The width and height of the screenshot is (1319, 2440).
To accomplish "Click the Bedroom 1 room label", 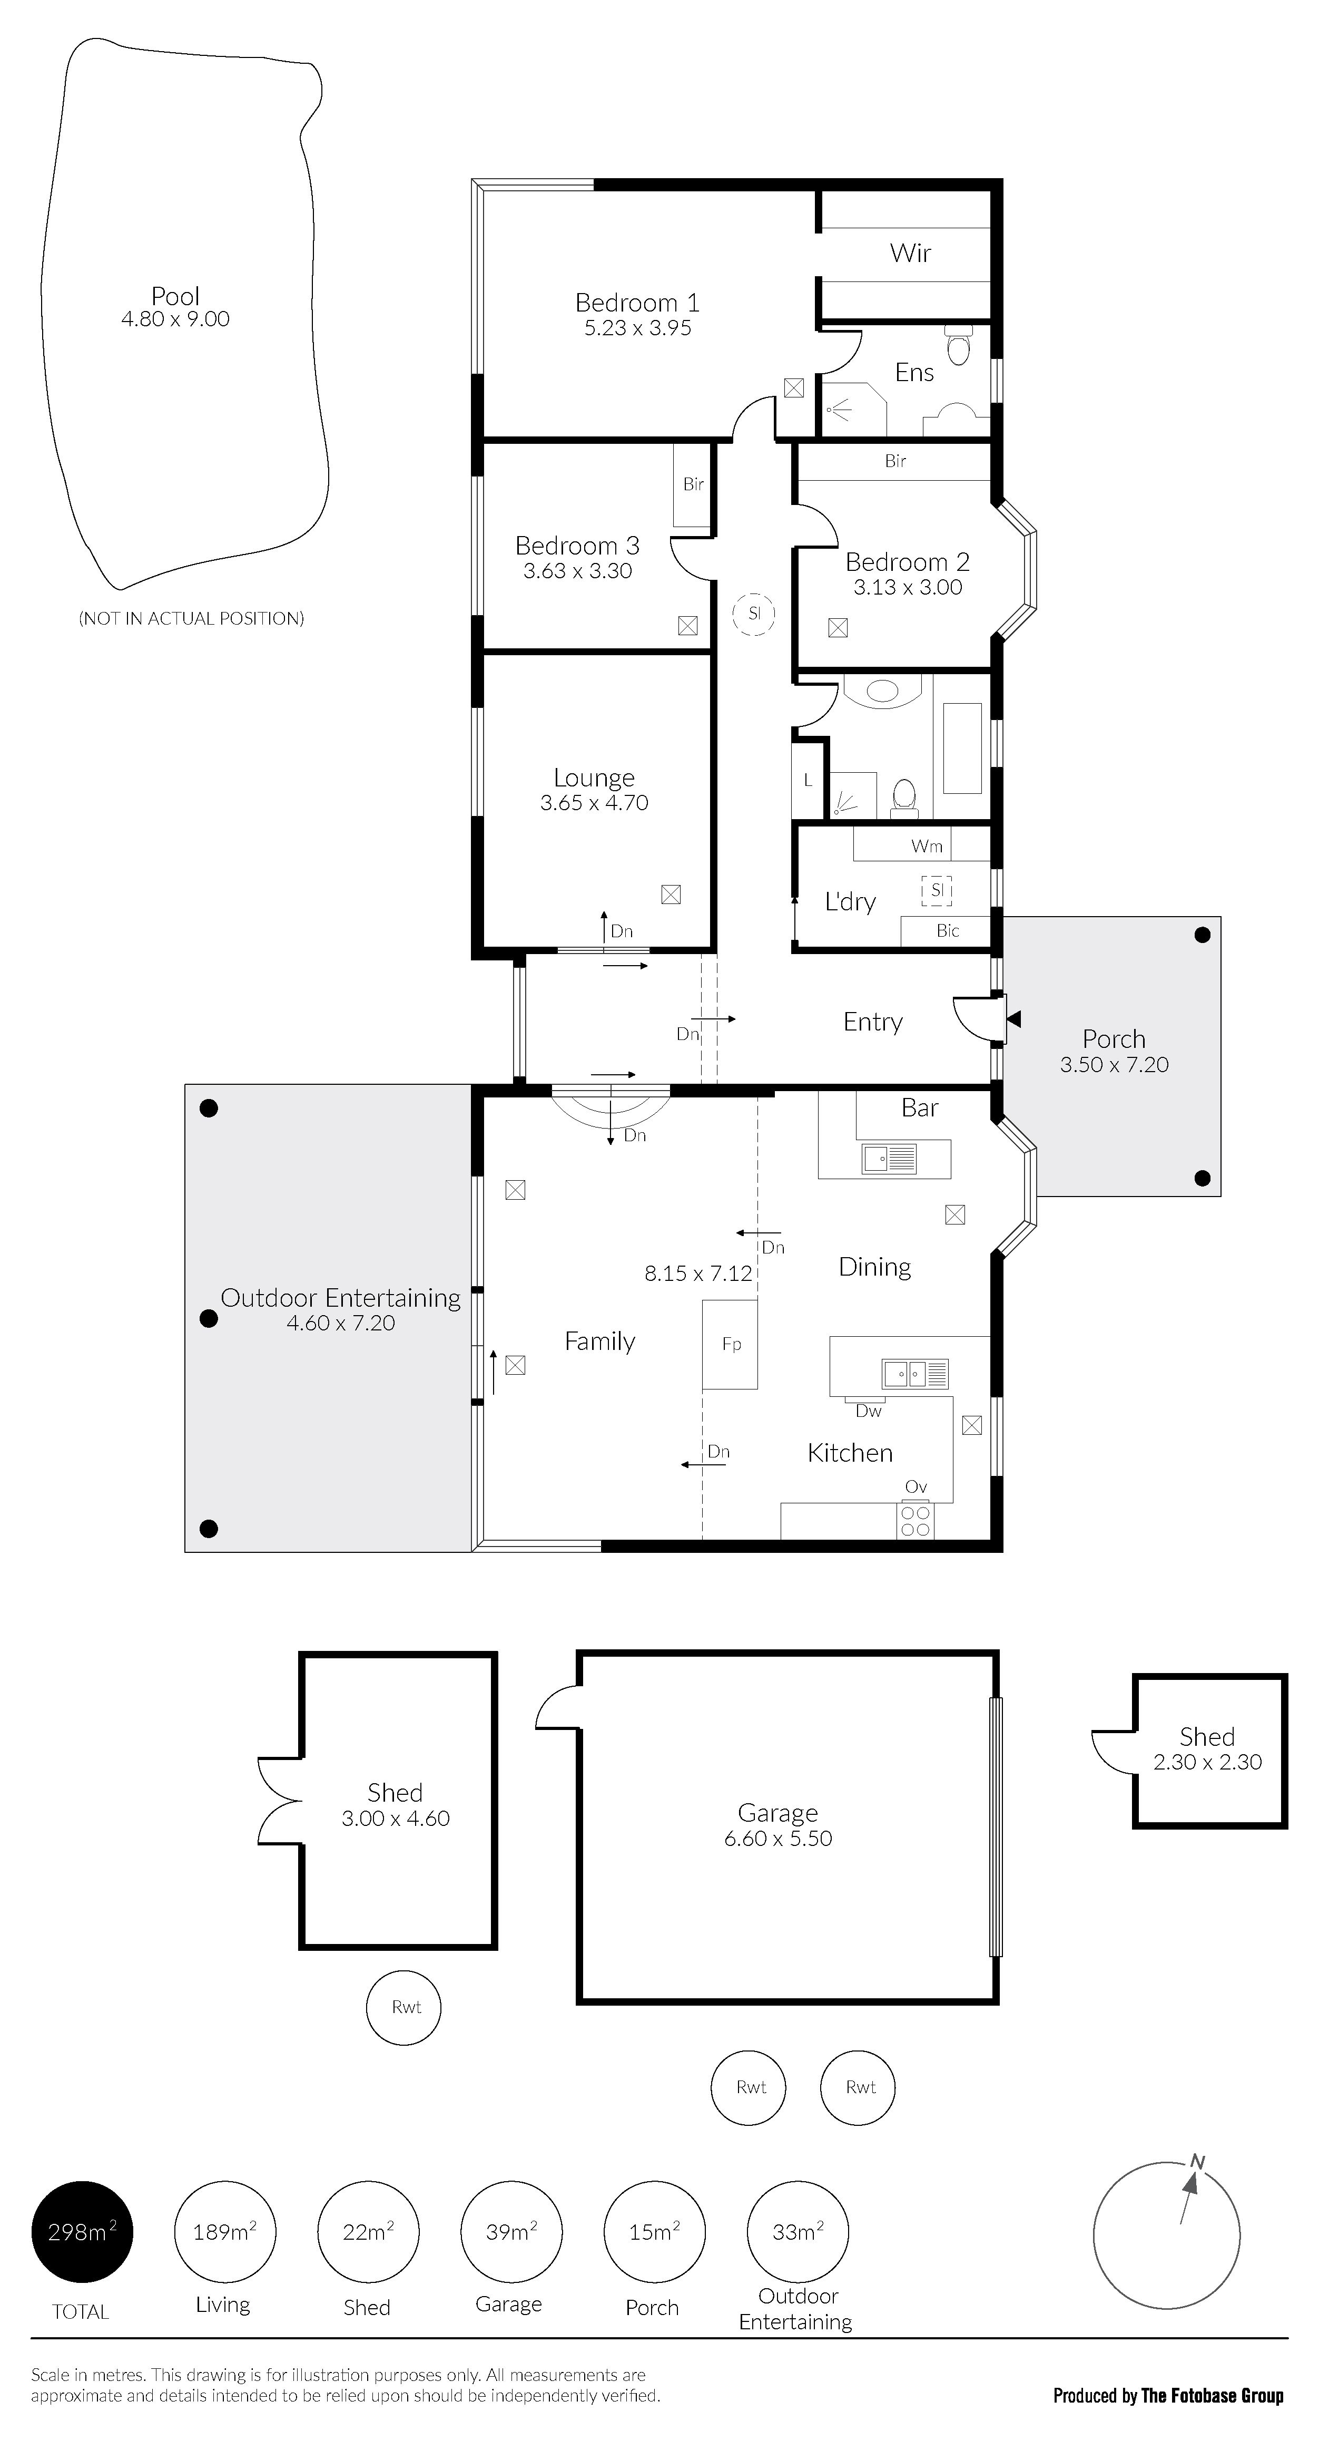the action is coord(637,303).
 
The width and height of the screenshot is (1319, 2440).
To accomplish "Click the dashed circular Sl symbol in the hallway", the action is coord(754,613).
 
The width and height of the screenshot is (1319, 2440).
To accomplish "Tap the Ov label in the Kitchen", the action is coord(916,1487).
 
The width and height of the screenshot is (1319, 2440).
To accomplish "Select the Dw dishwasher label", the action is coord(868,1411).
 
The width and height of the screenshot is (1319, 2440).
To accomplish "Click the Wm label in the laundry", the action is coord(927,846).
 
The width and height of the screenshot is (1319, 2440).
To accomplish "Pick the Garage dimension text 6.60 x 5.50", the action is coord(779,1839).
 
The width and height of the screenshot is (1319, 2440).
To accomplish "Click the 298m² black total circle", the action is coord(82,2232).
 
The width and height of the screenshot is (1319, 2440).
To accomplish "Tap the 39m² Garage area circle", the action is coord(511,2232).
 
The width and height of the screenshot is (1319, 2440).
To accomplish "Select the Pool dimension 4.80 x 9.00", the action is coord(175,319).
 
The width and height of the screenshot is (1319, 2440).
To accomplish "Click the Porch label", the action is coord(1114,1039).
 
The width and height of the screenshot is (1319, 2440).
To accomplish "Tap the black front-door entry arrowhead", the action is coord(1014,1019).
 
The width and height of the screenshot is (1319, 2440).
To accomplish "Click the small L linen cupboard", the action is coord(808,781).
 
